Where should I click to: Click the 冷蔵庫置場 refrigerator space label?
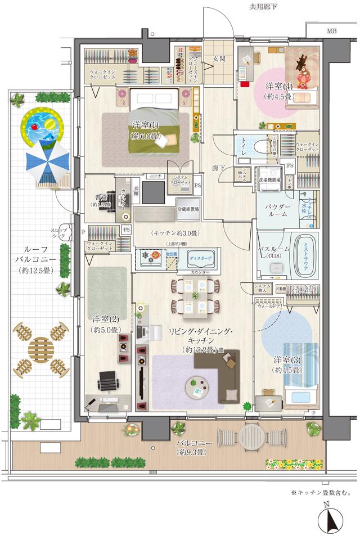pos(188,208)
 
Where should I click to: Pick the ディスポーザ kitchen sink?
pos(200,259)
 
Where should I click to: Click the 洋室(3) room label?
pos(286,364)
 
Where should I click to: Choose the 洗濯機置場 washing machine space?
pos(269,176)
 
